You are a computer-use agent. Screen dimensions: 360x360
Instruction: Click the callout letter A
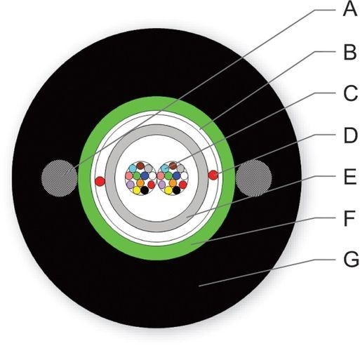point(350,9)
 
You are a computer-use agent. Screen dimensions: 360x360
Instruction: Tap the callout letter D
point(350,135)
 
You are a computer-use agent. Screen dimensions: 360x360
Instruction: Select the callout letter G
point(351,259)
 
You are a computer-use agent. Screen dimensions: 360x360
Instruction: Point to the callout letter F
point(349,218)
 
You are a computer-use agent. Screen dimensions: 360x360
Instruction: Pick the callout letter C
point(351,93)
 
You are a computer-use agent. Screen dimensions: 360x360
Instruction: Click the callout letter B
point(350,52)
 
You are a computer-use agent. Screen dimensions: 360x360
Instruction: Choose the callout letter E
point(350,177)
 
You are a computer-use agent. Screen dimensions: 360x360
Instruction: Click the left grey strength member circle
point(59,178)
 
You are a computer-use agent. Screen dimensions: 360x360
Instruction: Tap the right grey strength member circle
point(254,178)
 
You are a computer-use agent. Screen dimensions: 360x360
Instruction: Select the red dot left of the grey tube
point(100,181)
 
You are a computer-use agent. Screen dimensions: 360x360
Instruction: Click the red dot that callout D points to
point(213,175)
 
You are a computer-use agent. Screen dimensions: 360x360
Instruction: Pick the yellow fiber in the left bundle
point(137,190)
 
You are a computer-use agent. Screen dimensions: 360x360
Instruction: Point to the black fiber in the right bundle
point(177,190)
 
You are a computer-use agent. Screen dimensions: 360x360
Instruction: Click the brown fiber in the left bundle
point(140,166)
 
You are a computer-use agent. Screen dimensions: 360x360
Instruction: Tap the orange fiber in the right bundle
point(173,182)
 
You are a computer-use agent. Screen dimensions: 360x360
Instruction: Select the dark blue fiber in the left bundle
point(145,175)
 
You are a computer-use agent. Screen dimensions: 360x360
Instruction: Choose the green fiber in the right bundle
point(168,175)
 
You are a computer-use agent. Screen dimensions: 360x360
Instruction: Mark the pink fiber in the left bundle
point(129,175)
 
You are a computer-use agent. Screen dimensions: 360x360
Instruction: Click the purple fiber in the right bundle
point(162,185)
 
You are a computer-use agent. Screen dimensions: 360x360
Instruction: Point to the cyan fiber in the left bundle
point(133,168)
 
